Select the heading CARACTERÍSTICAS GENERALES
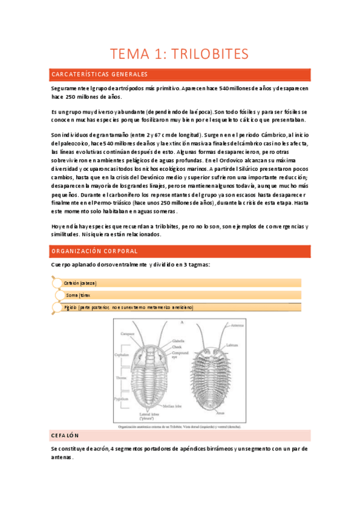[x=100, y=75]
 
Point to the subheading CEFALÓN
[x=66, y=435]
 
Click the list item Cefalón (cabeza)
[x=80, y=283]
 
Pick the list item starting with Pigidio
[x=129, y=307]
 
